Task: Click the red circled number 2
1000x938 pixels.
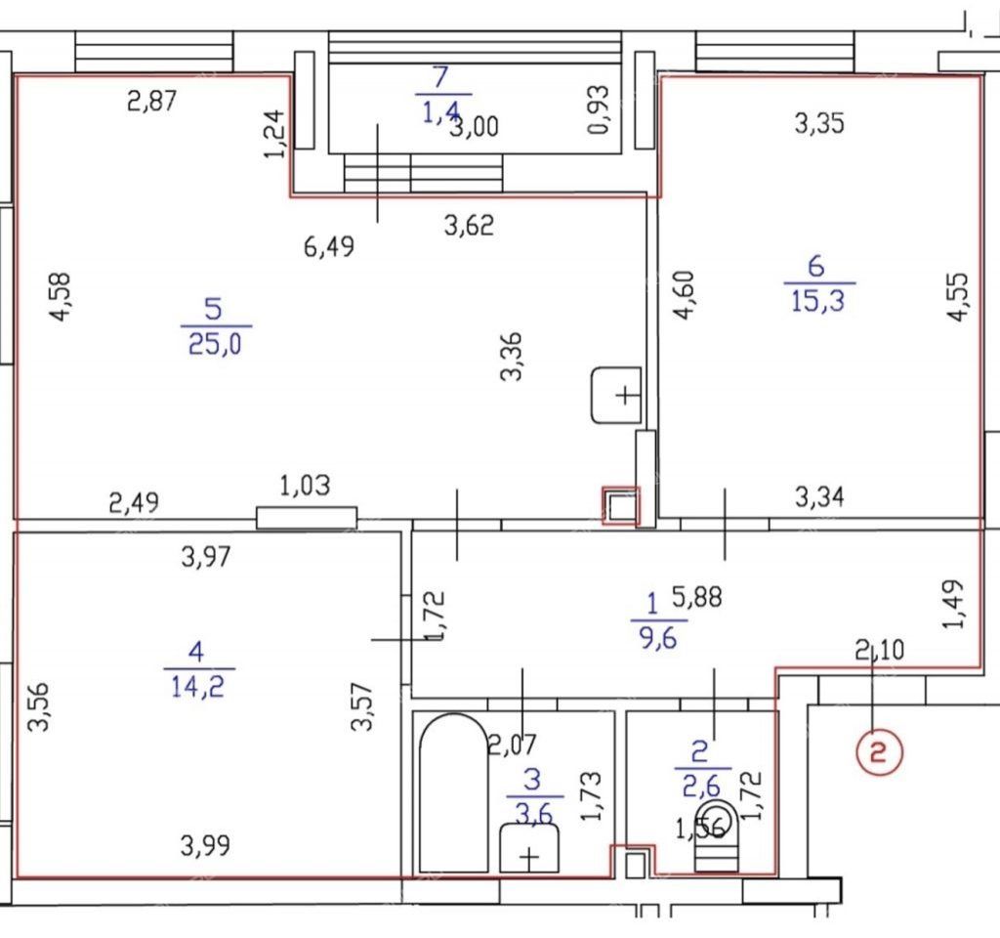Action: coord(880,753)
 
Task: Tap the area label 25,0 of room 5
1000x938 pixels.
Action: coord(215,345)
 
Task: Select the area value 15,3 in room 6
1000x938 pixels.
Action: coord(817,301)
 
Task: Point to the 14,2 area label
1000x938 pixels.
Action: coord(197,687)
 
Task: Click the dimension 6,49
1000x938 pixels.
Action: coord(328,246)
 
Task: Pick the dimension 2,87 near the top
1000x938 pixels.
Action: coord(151,102)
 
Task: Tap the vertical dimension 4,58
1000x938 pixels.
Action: coord(62,297)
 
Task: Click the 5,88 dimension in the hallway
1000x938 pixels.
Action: coord(697,597)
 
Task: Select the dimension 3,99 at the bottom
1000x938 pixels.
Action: coord(205,846)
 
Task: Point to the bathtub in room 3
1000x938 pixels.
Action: coord(453,792)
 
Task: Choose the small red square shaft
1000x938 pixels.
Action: coord(620,506)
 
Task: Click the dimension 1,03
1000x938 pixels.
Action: coord(305,487)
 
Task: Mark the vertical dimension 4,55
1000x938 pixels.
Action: coord(959,297)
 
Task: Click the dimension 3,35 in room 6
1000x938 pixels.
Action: coord(819,123)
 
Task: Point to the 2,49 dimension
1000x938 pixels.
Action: coord(134,503)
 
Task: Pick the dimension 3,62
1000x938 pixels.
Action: coord(469,226)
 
